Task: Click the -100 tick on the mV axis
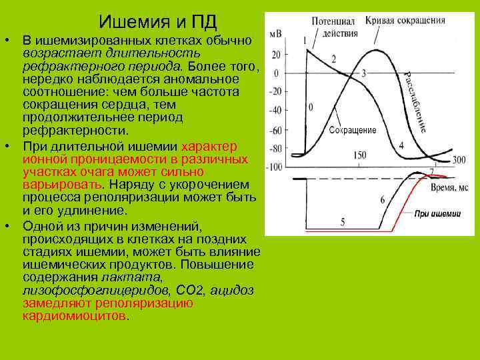tap(273, 167)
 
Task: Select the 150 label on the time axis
tap(359, 155)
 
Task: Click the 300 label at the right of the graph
tap(458, 159)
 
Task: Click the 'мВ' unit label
tap(274, 32)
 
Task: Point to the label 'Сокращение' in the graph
tap(353, 130)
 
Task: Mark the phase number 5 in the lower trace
tap(342, 221)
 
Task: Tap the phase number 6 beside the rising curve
tap(382, 199)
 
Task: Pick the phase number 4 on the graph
tap(401, 145)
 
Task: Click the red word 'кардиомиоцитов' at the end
tap(73, 315)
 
